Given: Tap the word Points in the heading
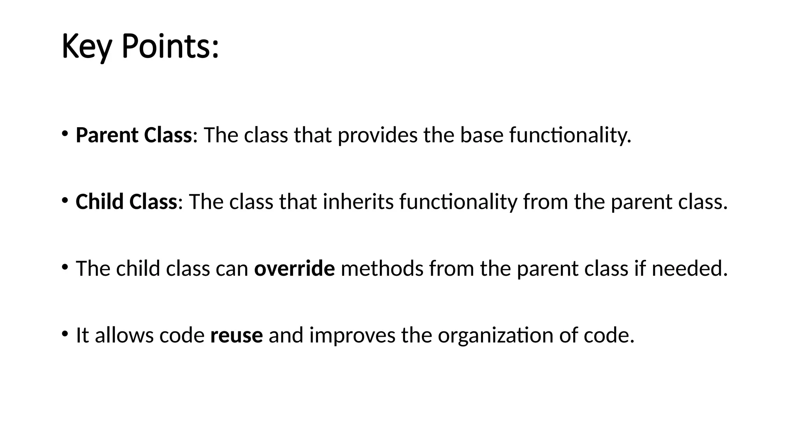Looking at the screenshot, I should [x=170, y=47].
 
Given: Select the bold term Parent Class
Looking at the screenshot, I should [x=133, y=135].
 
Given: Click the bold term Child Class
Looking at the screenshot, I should [x=126, y=202].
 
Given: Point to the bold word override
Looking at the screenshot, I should [x=294, y=268].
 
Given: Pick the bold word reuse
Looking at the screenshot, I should [x=236, y=335].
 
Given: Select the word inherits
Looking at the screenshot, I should [x=358, y=202].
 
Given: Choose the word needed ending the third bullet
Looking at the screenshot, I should [x=689, y=268].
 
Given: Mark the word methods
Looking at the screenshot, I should [x=382, y=268].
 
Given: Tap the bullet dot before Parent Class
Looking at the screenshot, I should [x=65, y=134].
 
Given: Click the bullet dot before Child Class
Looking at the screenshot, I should [x=65, y=200].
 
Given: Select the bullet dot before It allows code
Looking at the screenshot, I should [x=65, y=334].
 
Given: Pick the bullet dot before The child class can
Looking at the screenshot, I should [x=65, y=267].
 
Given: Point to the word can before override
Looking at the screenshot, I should [x=232, y=268].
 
